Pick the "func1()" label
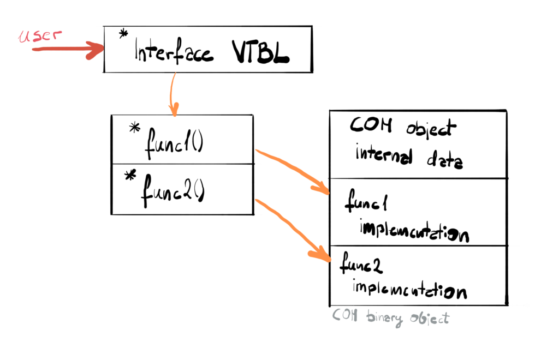pyautogui.click(x=173, y=145)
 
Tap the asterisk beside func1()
pyautogui.click(x=134, y=129)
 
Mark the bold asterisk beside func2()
pyautogui.click(x=130, y=176)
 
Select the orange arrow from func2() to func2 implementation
pyautogui.click(x=295, y=229)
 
